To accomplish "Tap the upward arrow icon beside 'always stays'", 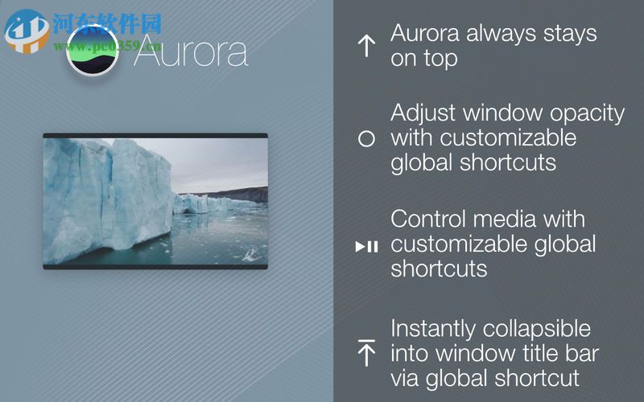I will pos(366,46).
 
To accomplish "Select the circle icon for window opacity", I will pos(366,138).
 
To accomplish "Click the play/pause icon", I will pos(366,246).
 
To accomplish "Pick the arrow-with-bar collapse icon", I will pos(366,353).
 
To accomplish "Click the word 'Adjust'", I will pos(423,113).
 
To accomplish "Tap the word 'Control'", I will pos(431,219).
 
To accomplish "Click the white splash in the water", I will pos(251,253).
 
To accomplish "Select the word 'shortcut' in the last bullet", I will pos(541,378).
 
